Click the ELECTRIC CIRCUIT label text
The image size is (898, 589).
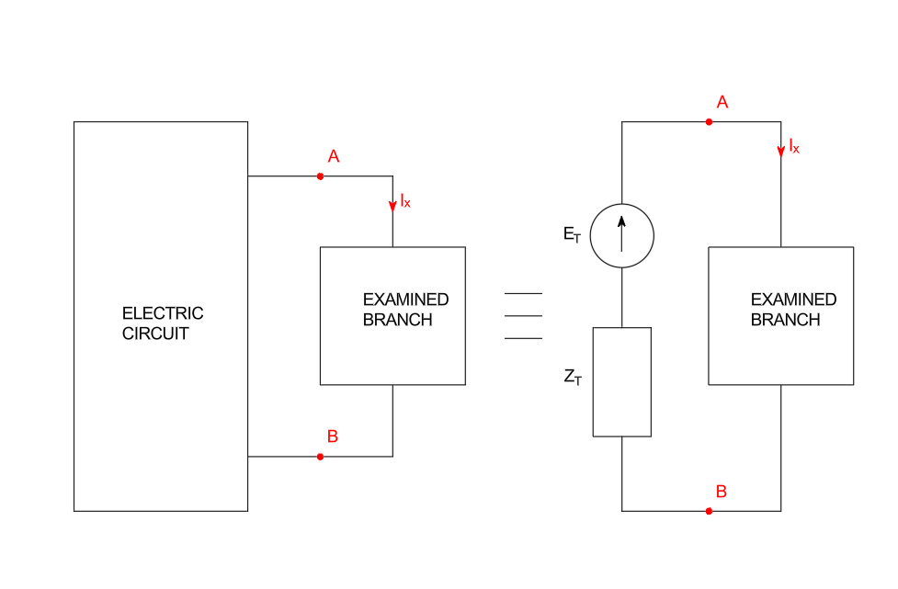click(x=162, y=323)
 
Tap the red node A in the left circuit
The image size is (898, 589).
click(x=320, y=176)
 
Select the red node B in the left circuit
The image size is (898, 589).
click(x=320, y=457)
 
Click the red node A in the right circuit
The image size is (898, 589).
click(x=709, y=121)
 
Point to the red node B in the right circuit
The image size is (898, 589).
click(x=709, y=511)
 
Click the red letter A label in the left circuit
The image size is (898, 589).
click(x=334, y=157)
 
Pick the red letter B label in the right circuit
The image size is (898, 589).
click(x=722, y=492)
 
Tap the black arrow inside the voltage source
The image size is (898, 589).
click(x=621, y=232)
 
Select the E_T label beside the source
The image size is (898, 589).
click(x=573, y=234)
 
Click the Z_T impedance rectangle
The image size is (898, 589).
click(x=621, y=381)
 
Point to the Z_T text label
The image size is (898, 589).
click(x=573, y=377)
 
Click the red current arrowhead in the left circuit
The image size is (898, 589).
click(x=392, y=206)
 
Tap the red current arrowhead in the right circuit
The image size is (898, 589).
click(x=781, y=151)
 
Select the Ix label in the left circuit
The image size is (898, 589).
click(x=405, y=200)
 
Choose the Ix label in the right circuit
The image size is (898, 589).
click(x=794, y=145)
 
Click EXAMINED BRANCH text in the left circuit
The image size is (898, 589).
click(x=405, y=310)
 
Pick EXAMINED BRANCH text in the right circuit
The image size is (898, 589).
click(x=793, y=310)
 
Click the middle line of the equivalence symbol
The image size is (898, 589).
click(x=523, y=316)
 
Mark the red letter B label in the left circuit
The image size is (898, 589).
click(x=333, y=436)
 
